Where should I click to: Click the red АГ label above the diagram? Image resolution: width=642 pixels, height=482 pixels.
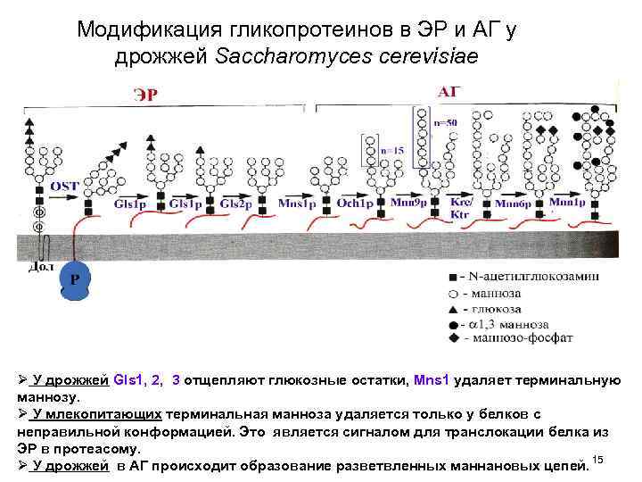449,91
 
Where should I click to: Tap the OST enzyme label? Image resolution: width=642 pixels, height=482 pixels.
64,185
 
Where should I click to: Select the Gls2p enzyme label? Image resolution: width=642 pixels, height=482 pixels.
235,204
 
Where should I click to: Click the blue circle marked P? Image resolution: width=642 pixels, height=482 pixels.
75,279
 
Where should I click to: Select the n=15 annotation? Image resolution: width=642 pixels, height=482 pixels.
392,151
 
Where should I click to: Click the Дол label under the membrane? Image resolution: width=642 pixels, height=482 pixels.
42,265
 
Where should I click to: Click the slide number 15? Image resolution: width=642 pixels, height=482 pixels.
598,459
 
